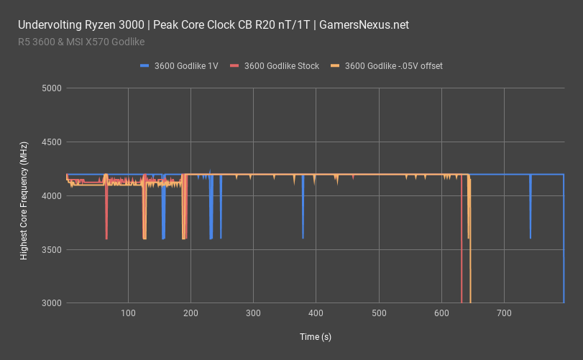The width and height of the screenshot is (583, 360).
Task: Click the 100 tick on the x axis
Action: [128, 313]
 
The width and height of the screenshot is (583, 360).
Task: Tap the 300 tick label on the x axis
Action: [253, 313]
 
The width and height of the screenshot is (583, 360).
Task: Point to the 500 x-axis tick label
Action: [379, 313]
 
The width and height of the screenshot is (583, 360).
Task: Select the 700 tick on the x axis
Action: [504, 313]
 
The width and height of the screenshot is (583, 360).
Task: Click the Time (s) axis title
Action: [315, 336]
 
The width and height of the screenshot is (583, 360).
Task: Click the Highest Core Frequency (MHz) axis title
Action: [24, 195]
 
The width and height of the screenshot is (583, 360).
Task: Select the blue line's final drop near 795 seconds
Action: [564, 244]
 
